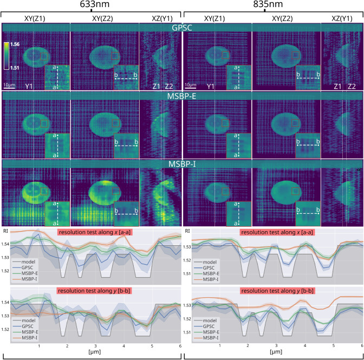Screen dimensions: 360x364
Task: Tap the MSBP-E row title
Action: coord(182,95)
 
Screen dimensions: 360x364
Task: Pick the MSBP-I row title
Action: coord(182,163)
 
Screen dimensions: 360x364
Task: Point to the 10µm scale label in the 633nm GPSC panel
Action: coord(9,85)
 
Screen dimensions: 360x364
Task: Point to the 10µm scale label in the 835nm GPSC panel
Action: coord(191,85)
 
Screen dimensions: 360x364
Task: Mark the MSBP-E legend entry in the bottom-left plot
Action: coord(34,333)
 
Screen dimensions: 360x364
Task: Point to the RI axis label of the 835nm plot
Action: coord(187,231)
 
